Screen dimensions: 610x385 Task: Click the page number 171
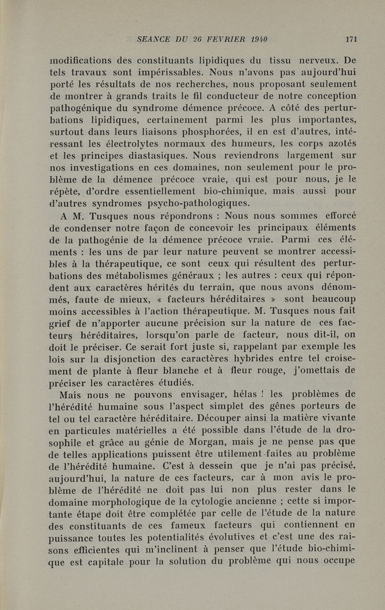click(x=351, y=40)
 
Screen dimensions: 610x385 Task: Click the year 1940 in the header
click(x=257, y=40)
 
